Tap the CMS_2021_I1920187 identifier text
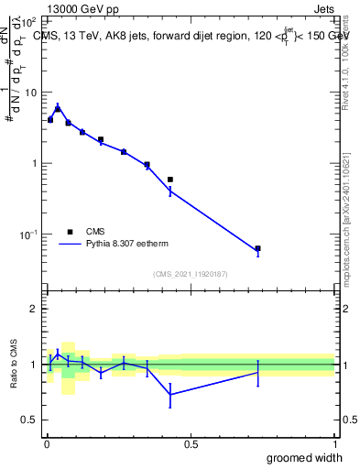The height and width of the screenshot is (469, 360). (190, 274)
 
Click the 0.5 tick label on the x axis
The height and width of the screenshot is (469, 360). (191, 444)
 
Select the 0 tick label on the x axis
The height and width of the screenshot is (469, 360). (47, 444)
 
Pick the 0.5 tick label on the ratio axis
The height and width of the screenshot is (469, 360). (31, 420)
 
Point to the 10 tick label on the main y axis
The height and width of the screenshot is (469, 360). (30, 93)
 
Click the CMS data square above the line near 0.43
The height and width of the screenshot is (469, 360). (170, 180)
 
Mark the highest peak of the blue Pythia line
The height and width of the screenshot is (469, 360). (58, 106)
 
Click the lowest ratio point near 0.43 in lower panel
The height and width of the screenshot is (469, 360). (170, 394)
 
